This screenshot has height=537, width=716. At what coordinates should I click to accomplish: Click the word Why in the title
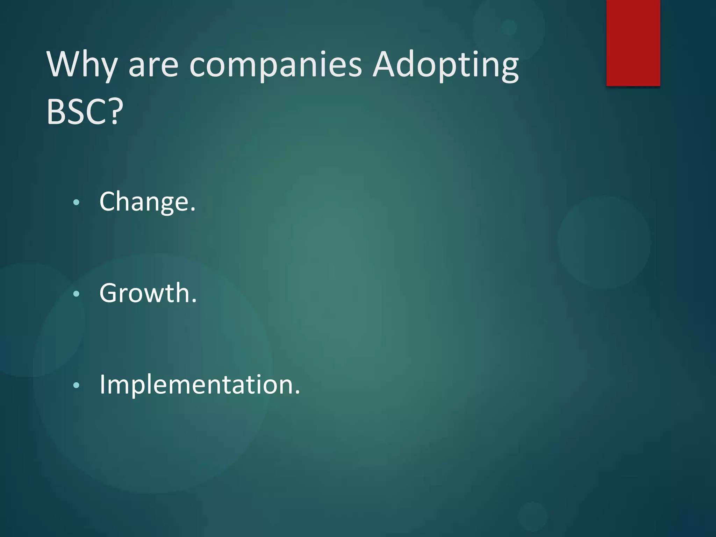pyautogui.click(x=81, y=65)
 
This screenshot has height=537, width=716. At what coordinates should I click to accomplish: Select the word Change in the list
pyautogui.click(x=144, y=202)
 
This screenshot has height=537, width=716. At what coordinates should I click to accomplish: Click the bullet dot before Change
pyautogui.click(x=77, y=202)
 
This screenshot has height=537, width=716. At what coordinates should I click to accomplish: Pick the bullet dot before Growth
pyautogui.click(x=77, y=294)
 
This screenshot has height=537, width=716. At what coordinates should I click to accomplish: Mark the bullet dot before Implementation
pyautogui.click(x=77, y=386)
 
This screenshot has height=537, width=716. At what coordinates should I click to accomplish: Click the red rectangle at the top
pyautogui.click(x=633, y=43)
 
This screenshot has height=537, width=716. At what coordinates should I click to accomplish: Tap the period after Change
pyautogui.click(x=193, y=210)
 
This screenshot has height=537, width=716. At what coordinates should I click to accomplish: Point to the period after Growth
pyautogui.click(x=194, y=301)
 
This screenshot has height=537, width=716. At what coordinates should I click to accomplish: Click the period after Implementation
pyautogui.click(x=298, y=393)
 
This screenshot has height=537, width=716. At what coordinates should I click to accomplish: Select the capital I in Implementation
pyautogui.click(x=102, y=384)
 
